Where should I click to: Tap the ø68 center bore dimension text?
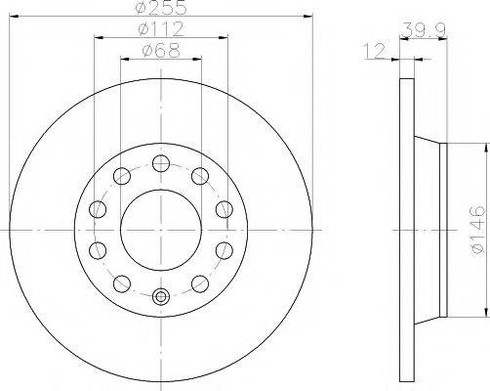pos(161,51)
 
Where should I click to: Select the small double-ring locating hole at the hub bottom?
pos(162,297)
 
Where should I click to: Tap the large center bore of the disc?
pos(161,230)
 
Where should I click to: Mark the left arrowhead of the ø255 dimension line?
pos(12,17)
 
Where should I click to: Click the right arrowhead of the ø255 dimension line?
pos(310,17)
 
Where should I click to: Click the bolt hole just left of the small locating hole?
pos(122,283)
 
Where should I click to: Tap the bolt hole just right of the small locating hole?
pos(200,283)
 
